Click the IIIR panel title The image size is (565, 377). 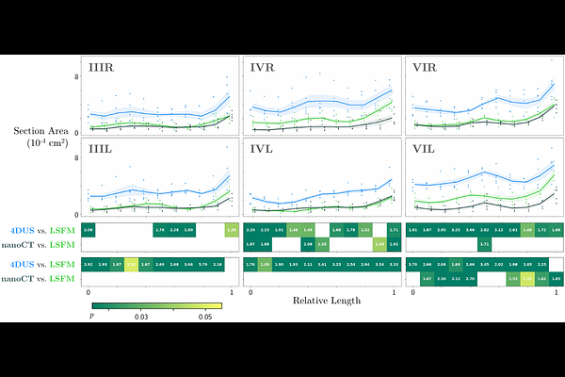tap(103, 69)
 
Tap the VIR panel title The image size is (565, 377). tap(426, 69)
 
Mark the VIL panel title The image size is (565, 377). tap(426, 149)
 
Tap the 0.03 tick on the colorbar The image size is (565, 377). tap(142, 318)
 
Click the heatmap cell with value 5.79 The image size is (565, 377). tap(203, 265)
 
